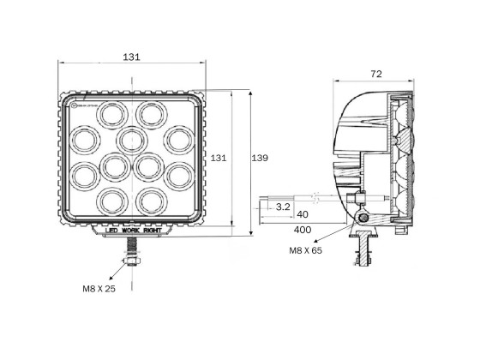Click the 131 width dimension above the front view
131,57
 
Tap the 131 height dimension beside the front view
219,158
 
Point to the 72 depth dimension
375,75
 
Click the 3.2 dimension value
285,207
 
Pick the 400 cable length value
302,231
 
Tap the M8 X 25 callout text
99,288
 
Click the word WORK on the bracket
133,231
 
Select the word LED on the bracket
111,231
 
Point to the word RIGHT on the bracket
155,231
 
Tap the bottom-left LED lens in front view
111,201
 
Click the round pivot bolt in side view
367,220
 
